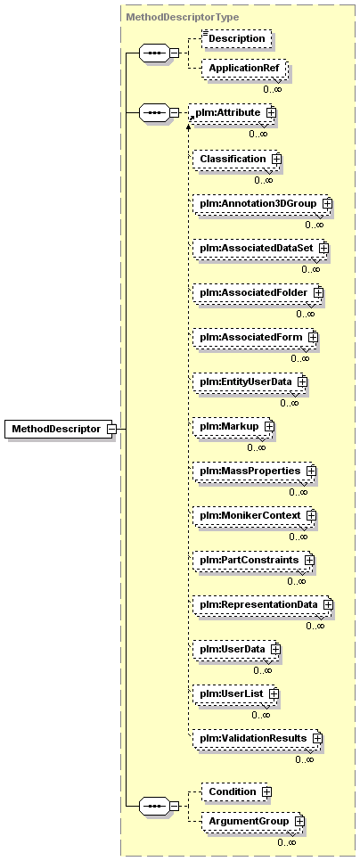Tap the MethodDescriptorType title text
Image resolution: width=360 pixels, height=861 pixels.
pyautogui.click(x=183, y=17)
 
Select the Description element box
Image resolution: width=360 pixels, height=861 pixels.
pyautogui.click(x=236, y=38)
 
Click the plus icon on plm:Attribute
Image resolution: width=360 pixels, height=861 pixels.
pyautogui.click(x=271, y=112)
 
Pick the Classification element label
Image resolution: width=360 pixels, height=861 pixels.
pyautogui.click(x=233, y=159)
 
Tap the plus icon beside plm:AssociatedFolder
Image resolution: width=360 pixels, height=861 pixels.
pyautogui.click(x=318, y=292)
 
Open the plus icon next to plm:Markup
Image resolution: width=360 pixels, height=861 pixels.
pyautogui.click(x=269, y=425)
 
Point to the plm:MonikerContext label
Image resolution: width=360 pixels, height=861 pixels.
pyautogui.click(x=250, y=515)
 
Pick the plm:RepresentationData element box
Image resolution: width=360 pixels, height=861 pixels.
pyautogui.click(x=262, y=604)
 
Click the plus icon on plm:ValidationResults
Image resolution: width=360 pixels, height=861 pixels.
pyautogui.click(x=316, y=739)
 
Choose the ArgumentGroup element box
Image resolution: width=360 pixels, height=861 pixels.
pyautogui.click(x=252, y=822)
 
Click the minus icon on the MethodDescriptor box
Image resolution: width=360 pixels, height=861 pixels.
pyautogui.click(x=110, y=429)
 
